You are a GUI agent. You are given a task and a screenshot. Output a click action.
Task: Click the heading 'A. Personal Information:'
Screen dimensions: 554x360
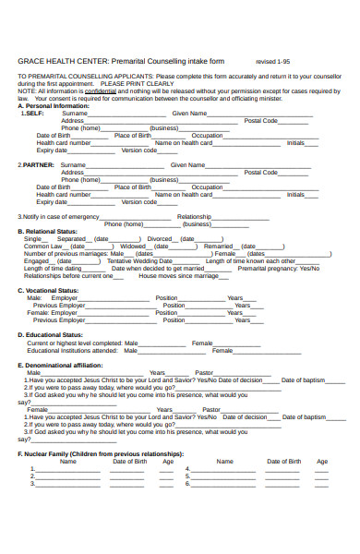(x=54, y=105)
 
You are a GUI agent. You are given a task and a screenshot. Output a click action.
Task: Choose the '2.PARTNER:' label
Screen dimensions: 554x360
(x=37, y=164)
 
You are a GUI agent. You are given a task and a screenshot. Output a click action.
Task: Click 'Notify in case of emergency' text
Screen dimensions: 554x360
(x=61, y=216)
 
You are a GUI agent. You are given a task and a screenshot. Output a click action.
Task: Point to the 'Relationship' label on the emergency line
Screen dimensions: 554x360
(x=200, y=216)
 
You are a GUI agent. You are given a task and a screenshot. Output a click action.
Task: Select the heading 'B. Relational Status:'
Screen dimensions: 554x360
(x=48, y=231)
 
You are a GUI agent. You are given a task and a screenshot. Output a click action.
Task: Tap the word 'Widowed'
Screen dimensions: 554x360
(x=133, y=246)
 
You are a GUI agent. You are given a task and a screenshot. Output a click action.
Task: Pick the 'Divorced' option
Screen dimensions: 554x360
(x=160, y=238)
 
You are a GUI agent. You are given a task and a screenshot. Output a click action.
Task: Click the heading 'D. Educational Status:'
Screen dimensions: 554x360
(x=51, y=334)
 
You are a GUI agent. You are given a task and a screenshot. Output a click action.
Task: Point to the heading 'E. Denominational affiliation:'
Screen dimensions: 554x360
(x=66, y=365)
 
